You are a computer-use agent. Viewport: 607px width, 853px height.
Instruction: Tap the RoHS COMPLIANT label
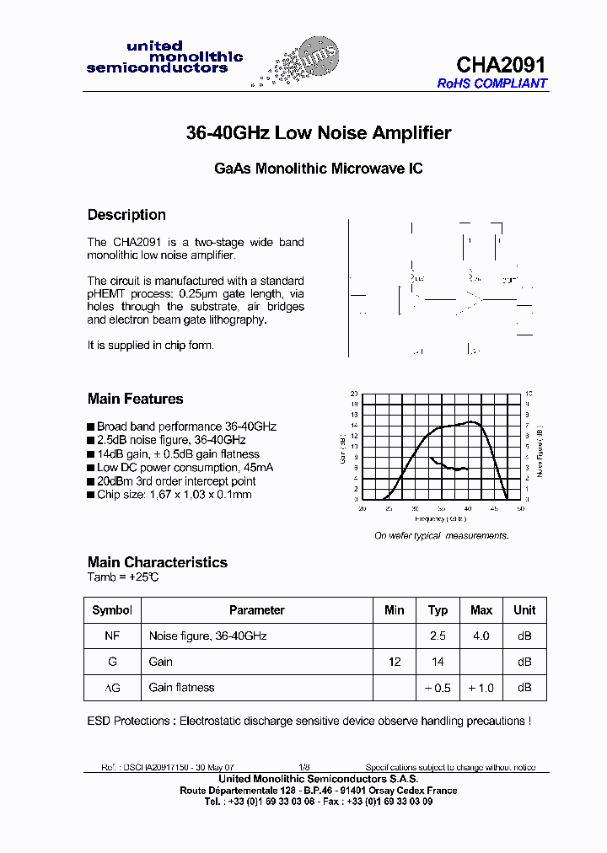pos(492,83)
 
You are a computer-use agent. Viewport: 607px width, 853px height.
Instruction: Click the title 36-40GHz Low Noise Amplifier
pos(318,133)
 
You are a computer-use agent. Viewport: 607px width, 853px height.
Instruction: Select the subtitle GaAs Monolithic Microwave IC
pos(318,169)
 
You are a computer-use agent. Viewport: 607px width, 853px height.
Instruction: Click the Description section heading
pos(126,215)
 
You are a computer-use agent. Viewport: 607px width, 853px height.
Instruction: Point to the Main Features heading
pos(135,399)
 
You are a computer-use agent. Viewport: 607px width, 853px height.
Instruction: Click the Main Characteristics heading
pos(157,562)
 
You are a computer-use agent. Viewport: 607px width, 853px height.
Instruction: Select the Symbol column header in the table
pos(112,610)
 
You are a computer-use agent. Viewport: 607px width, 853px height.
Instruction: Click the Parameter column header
pos(256,610)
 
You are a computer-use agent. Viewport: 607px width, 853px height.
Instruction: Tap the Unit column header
pos(524,610)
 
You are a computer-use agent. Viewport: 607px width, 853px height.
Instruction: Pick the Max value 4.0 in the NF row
pos(481,636)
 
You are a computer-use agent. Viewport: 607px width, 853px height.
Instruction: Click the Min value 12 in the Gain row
pos(395,663)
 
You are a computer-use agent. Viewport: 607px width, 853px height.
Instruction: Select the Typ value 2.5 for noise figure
pos(438,636)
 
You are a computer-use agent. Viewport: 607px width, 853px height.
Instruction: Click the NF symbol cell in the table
pos(112,636)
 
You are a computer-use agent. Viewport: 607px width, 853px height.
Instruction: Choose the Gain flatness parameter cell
pos(181,688)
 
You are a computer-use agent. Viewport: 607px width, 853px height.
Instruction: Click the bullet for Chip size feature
pos(91,495)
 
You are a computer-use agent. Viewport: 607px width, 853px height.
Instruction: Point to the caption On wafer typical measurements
pos(441,536)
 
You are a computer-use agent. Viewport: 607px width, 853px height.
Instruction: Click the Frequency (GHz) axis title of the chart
pos(440,518)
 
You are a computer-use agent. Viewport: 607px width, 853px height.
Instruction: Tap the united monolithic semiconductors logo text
pos(164,57)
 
